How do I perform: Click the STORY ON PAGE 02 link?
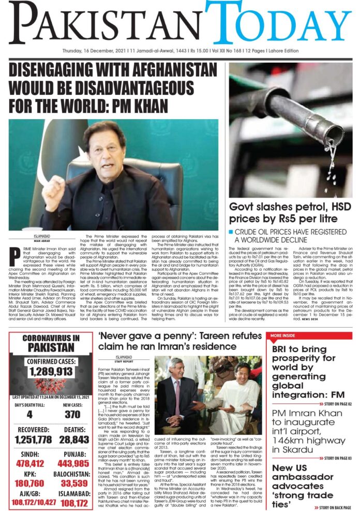[331, 403]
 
